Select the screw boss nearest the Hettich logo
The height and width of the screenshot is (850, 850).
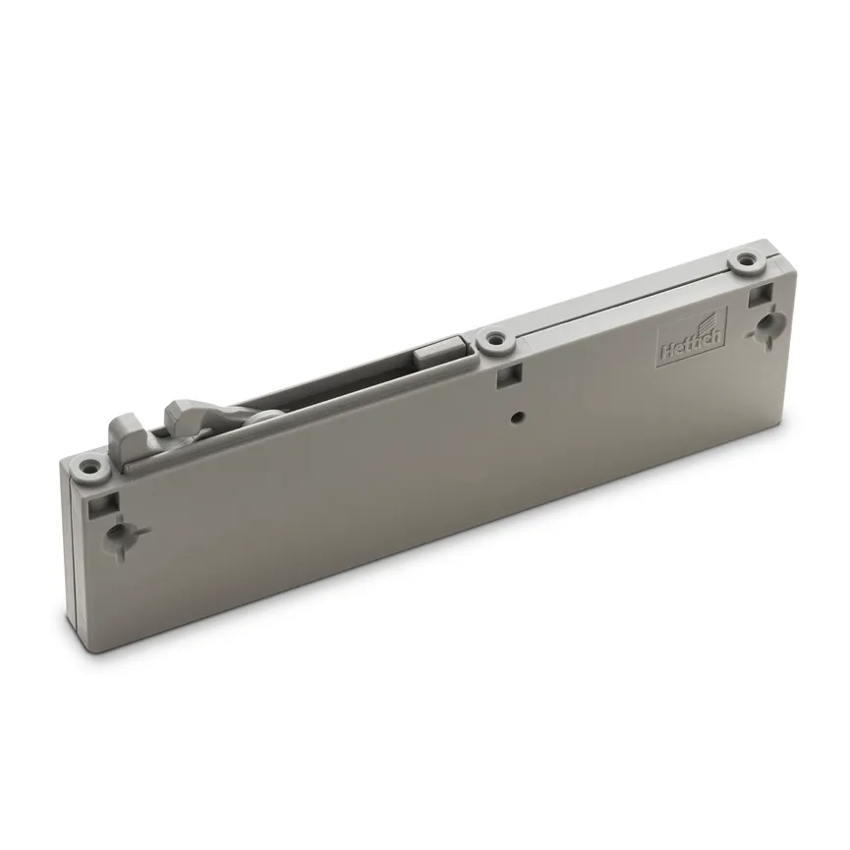pos(749,260)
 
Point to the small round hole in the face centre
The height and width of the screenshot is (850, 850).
pos(517,418)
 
